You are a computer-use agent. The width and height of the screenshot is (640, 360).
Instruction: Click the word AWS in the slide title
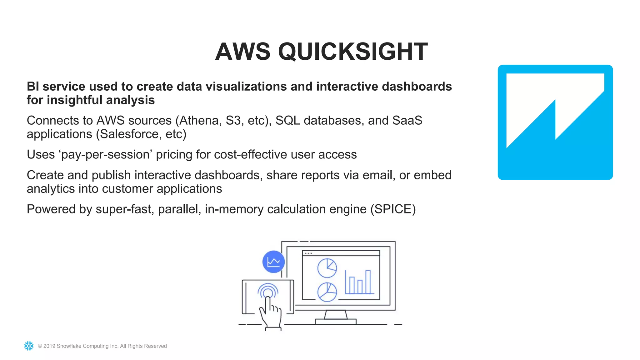click(242, 52)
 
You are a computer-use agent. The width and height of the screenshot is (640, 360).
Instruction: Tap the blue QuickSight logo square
click(555, 122)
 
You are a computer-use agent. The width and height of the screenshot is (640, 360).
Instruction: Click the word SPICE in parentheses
click(393, 209)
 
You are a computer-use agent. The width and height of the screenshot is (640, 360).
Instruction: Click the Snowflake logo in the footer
click(29, 346)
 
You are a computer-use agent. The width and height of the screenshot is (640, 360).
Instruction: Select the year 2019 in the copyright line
click(49, 346)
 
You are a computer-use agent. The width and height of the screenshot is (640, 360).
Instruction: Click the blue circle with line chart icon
click(273, 262)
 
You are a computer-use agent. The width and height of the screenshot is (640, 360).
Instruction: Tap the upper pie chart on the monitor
click(327, 268)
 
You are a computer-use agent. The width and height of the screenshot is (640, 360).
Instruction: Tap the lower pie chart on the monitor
click(327, 292)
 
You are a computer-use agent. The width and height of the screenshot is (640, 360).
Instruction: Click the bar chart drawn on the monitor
click(359, 282)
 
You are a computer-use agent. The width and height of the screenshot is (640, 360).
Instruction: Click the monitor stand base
click(336, 321)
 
